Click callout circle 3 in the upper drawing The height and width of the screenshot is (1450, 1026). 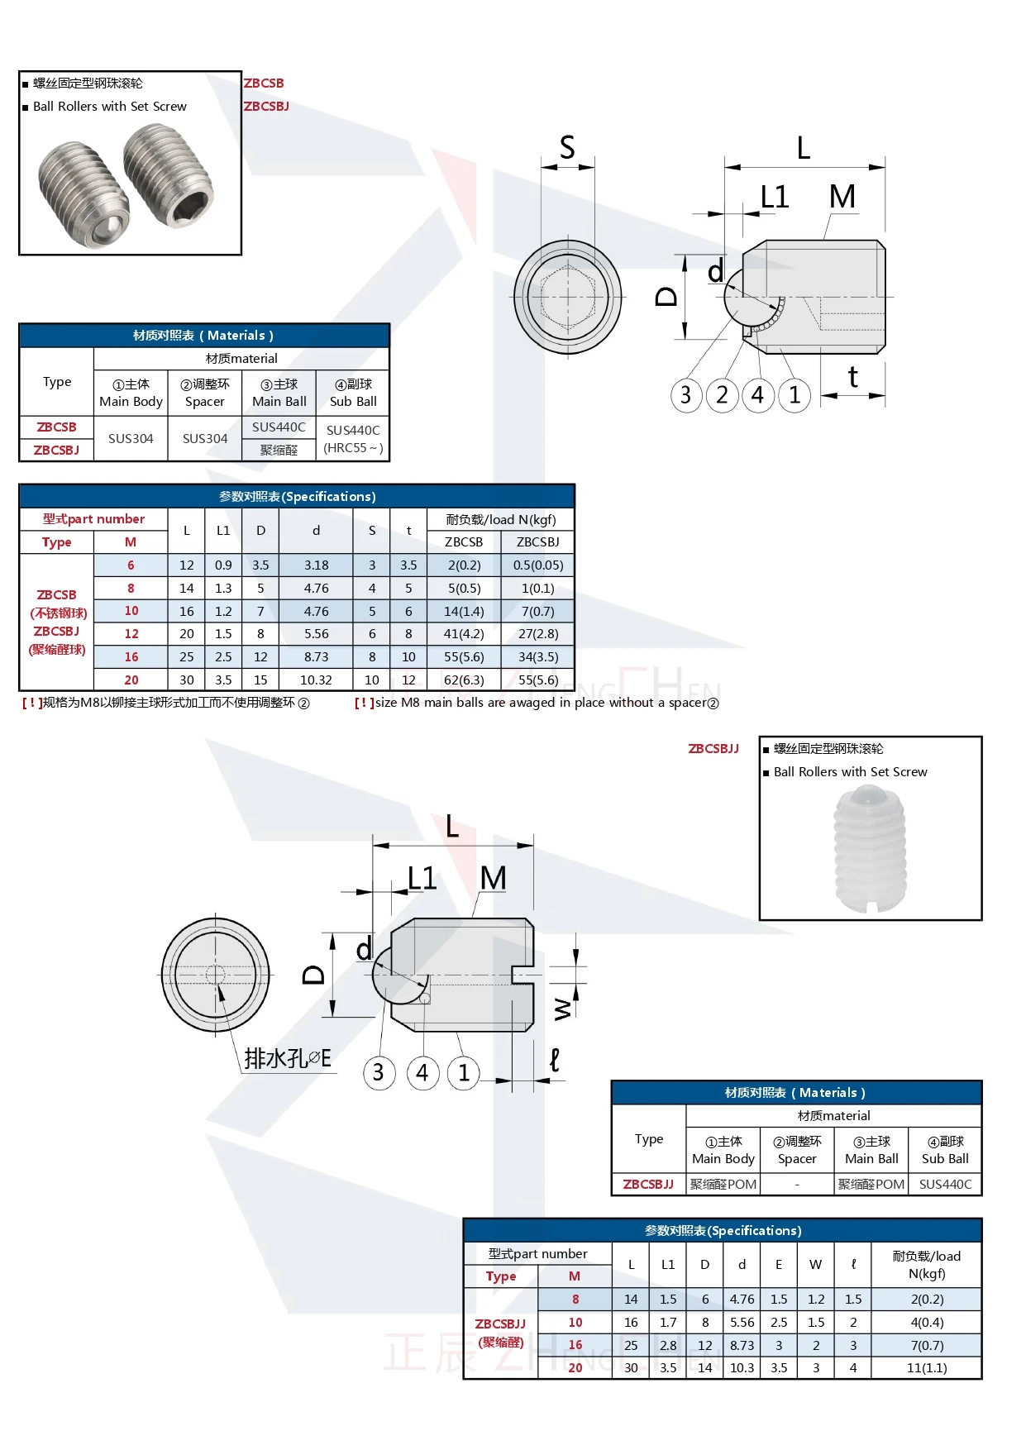685,395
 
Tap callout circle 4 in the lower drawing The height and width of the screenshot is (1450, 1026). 422,1072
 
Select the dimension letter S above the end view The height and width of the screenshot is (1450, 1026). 567,148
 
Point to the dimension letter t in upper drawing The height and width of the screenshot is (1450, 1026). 853,378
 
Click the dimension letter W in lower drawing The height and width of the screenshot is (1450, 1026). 562,1009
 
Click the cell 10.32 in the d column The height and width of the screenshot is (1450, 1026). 316,680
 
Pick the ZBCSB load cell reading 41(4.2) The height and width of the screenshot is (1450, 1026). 463,633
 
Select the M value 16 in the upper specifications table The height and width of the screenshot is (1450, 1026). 131,656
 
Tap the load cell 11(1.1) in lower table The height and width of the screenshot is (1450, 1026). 926,1367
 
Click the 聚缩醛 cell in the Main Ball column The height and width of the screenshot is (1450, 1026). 279,450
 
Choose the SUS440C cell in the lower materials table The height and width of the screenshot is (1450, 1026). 945,1184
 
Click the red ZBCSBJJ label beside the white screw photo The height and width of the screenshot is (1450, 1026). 713,748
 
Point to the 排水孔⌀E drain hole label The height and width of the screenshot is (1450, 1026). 288,1058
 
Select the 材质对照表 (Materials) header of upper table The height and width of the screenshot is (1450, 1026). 203,335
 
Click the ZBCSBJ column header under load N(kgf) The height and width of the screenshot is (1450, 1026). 537,541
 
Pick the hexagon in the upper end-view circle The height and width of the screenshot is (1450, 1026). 568,296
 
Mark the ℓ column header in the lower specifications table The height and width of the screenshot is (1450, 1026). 853,1264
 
